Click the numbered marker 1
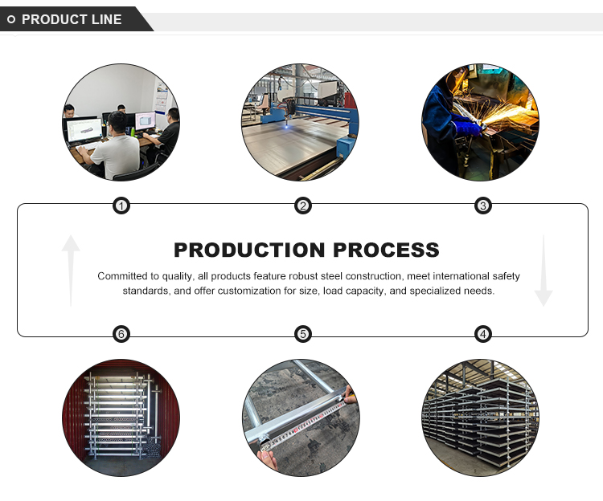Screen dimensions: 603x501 pos(121,206)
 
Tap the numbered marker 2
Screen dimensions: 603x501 pos(302,206)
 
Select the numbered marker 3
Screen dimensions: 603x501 pos(483,206)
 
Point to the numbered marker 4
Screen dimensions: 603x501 pos(483,334)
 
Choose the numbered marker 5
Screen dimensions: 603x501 pos(302,334)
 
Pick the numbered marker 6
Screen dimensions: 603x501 pos(121,334)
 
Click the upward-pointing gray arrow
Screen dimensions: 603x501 pos(71,271)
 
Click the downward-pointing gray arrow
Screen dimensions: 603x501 pos(544,271)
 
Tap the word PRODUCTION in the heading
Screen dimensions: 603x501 pos(249,250)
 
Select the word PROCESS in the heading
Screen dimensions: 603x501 pos(386,250)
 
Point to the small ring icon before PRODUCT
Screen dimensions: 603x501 pos(11,19)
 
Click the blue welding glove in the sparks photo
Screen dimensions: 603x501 pos(466,125)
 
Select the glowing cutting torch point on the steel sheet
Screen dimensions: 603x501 pos(286,127)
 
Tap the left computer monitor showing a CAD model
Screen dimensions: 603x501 pos(84,131)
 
